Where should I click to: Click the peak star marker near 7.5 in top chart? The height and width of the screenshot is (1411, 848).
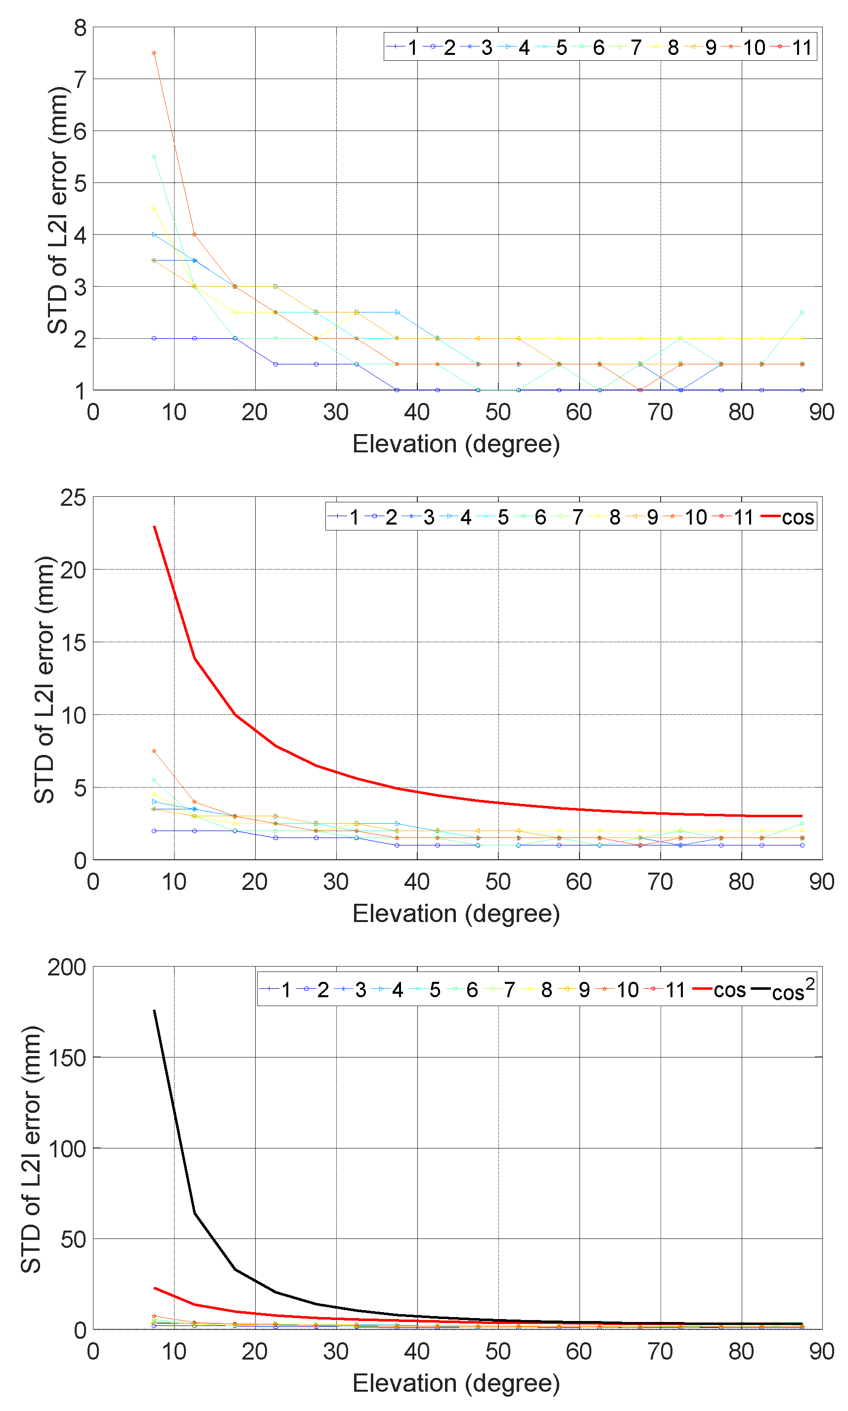point(154,53)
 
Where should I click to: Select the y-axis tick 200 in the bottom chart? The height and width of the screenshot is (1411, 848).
point(67,968)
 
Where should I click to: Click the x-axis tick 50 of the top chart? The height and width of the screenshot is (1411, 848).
point(498,412)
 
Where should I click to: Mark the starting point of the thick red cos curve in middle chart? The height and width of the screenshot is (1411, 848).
point(154,527)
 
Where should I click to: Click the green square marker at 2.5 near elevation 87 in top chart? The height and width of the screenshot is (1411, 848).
point(803,312)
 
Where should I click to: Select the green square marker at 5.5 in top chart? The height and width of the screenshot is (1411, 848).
point(154,157)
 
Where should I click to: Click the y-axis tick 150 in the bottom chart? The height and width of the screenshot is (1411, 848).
point(67,1058)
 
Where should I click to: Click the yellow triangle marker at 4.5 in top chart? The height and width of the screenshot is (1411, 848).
point(154,209)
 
